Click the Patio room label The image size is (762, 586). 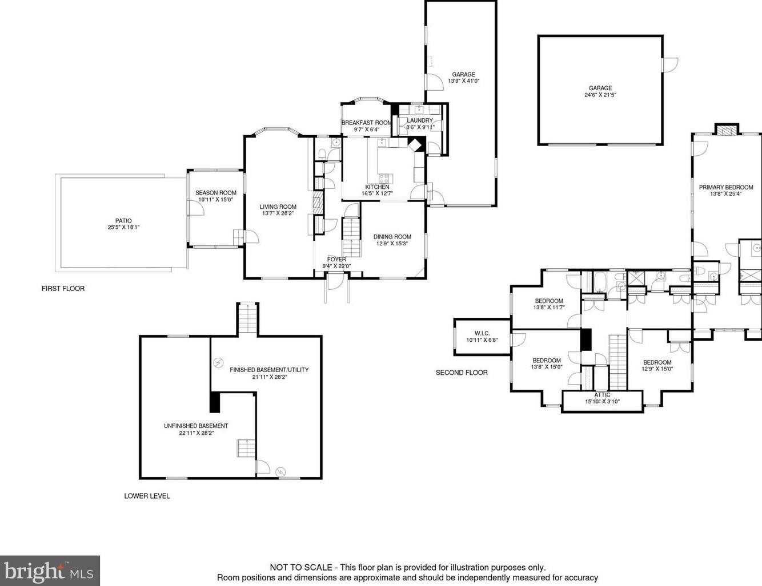coord(123,221)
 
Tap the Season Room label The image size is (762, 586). coord(216,193)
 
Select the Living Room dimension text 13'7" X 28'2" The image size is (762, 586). coord(278,213)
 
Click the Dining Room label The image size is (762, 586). coord(392,237)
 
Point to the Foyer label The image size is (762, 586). coord(336,259)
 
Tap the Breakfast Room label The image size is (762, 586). coord(366,123)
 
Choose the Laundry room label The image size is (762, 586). coord(420,120)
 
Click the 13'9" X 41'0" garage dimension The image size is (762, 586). coord(464,81)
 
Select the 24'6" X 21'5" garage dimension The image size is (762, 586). coord(600,95)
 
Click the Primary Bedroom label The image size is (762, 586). coord(726,187)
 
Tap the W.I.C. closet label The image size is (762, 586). coord(482,333)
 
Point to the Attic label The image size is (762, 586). coord(603,395)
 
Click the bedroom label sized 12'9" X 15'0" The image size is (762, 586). coord(657,362)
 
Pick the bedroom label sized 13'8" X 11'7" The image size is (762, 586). coord(549,301)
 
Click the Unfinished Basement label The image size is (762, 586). coord(196,426)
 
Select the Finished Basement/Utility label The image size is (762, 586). coord(269,370)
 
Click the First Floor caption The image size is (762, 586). coord(63,289)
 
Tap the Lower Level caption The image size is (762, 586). coord(147,496)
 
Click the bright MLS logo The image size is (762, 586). coord(50,571)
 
